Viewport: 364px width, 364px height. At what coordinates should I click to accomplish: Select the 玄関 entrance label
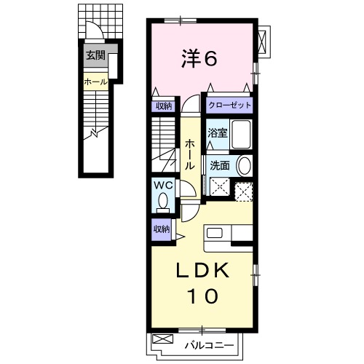click(x=95, y=55)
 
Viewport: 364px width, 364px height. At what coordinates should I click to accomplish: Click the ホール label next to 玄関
click(x=95, y=82)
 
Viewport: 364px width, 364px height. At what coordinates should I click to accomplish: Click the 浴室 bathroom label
click(x=218, y=134)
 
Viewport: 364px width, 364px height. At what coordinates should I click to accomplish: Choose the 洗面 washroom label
click(x=219, y=166)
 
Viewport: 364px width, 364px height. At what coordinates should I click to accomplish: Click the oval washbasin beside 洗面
click(x=243, y=166)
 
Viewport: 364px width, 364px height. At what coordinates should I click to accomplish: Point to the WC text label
click(x=162, y=185)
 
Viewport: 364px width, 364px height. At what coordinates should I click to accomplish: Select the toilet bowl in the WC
click(x=162, y=200)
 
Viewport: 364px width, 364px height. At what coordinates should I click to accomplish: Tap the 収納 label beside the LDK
click(x=162, y=229)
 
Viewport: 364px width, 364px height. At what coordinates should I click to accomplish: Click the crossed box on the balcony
click(x=164, y=339)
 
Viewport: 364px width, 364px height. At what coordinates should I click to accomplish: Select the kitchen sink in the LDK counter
click(x=215, y=234)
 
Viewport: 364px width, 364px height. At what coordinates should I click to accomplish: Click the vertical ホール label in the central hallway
click(x=189, y=155)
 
